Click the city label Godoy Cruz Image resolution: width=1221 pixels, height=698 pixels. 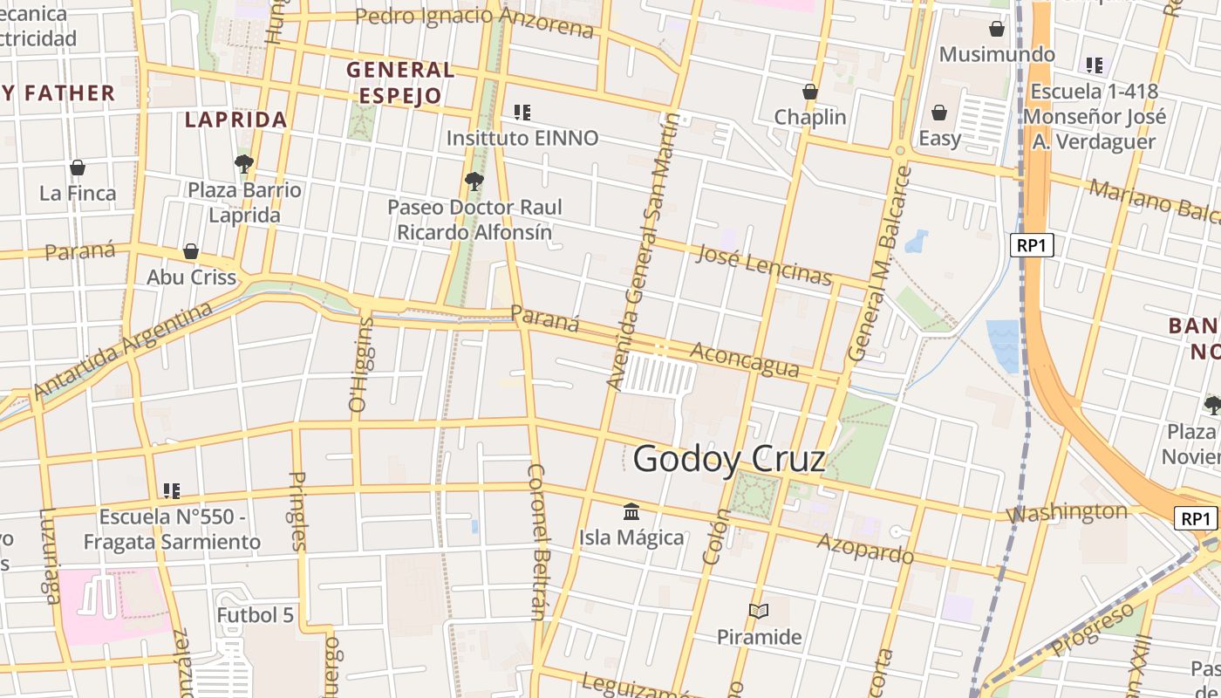729,458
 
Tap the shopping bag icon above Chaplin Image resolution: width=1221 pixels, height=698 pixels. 810,92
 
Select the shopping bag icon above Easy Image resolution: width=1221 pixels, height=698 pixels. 939,113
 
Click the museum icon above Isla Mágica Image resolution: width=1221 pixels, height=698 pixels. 631,511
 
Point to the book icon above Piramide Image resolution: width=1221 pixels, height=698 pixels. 759,612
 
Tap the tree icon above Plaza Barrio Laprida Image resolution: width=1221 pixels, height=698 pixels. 244,163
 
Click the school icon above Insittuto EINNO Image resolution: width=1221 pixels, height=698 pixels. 522,112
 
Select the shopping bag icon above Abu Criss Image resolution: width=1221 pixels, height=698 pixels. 191,252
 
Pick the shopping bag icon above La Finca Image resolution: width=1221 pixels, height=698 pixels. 78,168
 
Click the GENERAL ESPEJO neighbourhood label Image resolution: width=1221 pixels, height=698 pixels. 400,82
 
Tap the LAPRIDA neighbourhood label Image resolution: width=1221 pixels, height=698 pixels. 235,120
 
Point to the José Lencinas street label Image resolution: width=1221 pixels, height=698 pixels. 764,264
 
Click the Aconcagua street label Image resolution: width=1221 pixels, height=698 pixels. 744,359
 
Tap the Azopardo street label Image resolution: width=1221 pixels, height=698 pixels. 865,548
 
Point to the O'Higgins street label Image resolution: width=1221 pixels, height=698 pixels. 360,364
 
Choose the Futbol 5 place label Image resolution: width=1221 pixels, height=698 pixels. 256,615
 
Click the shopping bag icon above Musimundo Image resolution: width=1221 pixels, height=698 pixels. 997,29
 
